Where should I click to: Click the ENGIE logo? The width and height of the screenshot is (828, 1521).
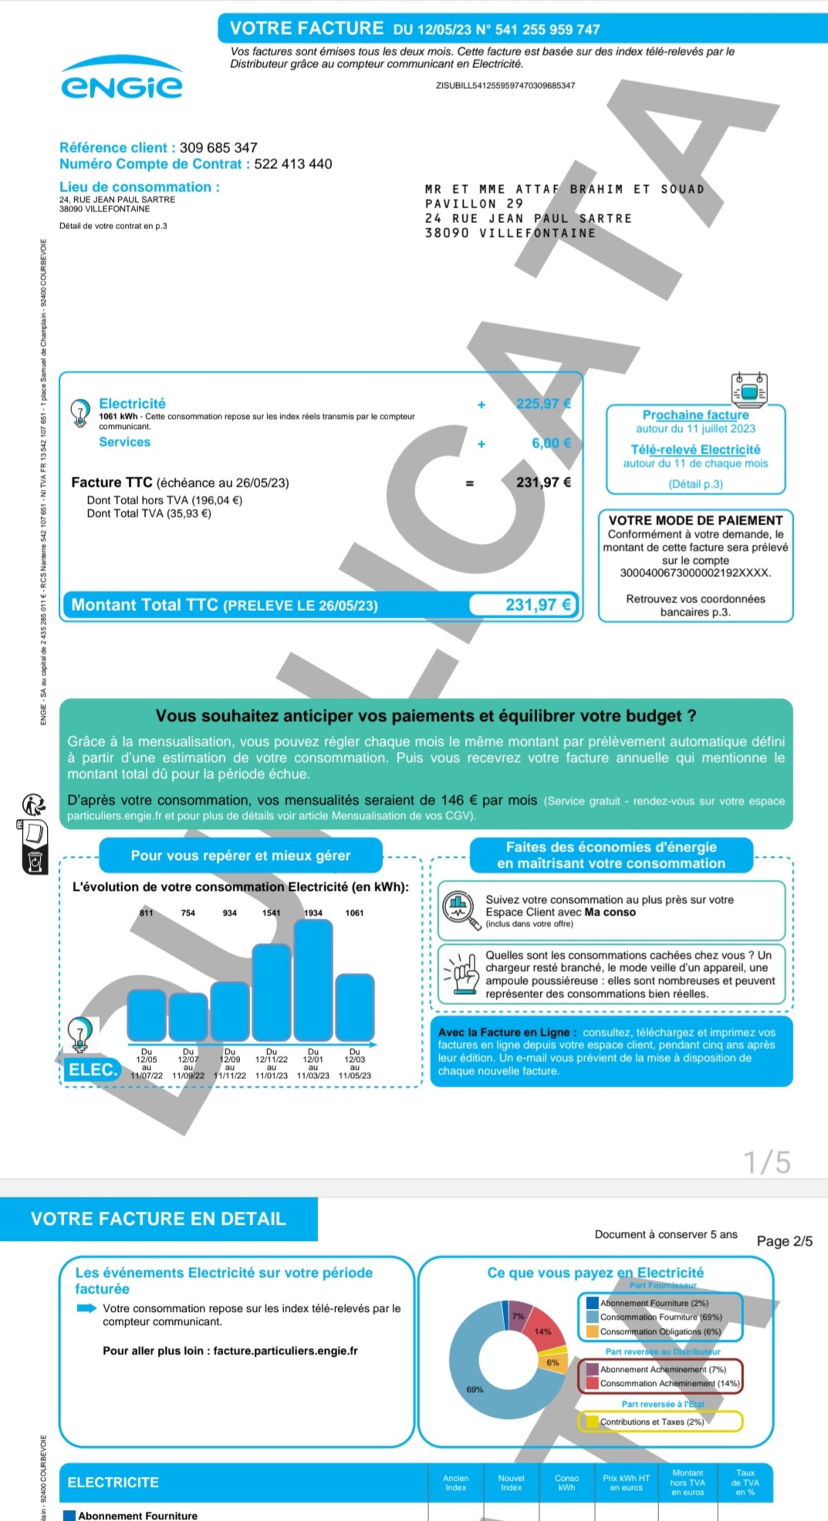122,80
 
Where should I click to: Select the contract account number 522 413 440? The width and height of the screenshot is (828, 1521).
293,164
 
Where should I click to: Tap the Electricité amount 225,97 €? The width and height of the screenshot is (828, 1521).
543,404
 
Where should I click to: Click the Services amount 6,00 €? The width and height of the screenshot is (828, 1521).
551,443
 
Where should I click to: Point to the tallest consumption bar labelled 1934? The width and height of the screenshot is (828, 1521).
313,980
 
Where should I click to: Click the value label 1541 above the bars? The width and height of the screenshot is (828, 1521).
271,913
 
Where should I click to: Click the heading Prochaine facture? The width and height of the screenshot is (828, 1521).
695,415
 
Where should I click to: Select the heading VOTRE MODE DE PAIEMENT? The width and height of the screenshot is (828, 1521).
695,520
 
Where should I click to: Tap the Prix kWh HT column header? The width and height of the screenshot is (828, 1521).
626,1483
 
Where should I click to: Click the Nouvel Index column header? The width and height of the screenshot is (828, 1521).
511,1483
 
